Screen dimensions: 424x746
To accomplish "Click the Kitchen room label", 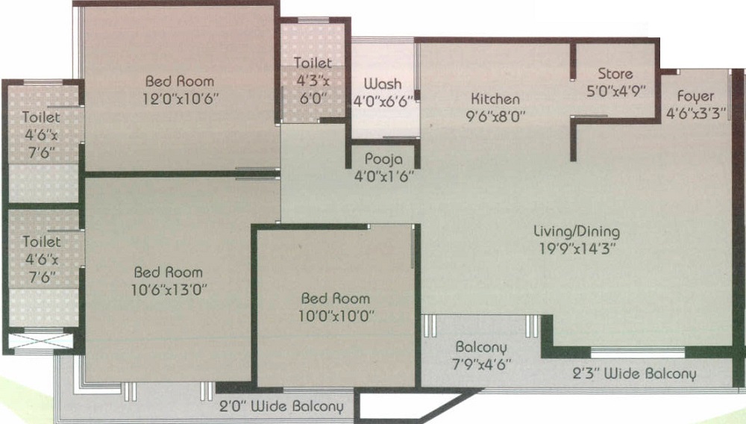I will [x=495, y=99].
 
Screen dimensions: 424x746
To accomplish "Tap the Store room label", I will [x=615, y=74].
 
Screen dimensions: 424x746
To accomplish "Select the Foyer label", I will [x=695, y=96].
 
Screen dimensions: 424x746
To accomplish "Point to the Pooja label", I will [x=384, y=159].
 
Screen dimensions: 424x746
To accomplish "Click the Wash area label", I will [x=383, y=84].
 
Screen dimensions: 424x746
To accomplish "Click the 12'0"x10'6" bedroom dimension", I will [x=179, y=98].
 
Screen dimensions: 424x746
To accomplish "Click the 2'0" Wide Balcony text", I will [x=281, y=408].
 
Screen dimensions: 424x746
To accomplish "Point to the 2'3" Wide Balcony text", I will [x=635, y=374].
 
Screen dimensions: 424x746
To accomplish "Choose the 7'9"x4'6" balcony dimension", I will [x=482, y=365].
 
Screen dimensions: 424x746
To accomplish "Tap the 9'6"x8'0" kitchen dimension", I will [x=495, y=116].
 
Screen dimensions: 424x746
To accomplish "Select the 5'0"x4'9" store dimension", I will [x=615, y=91].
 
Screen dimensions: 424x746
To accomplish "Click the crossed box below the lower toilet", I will [x=42, y=340].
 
